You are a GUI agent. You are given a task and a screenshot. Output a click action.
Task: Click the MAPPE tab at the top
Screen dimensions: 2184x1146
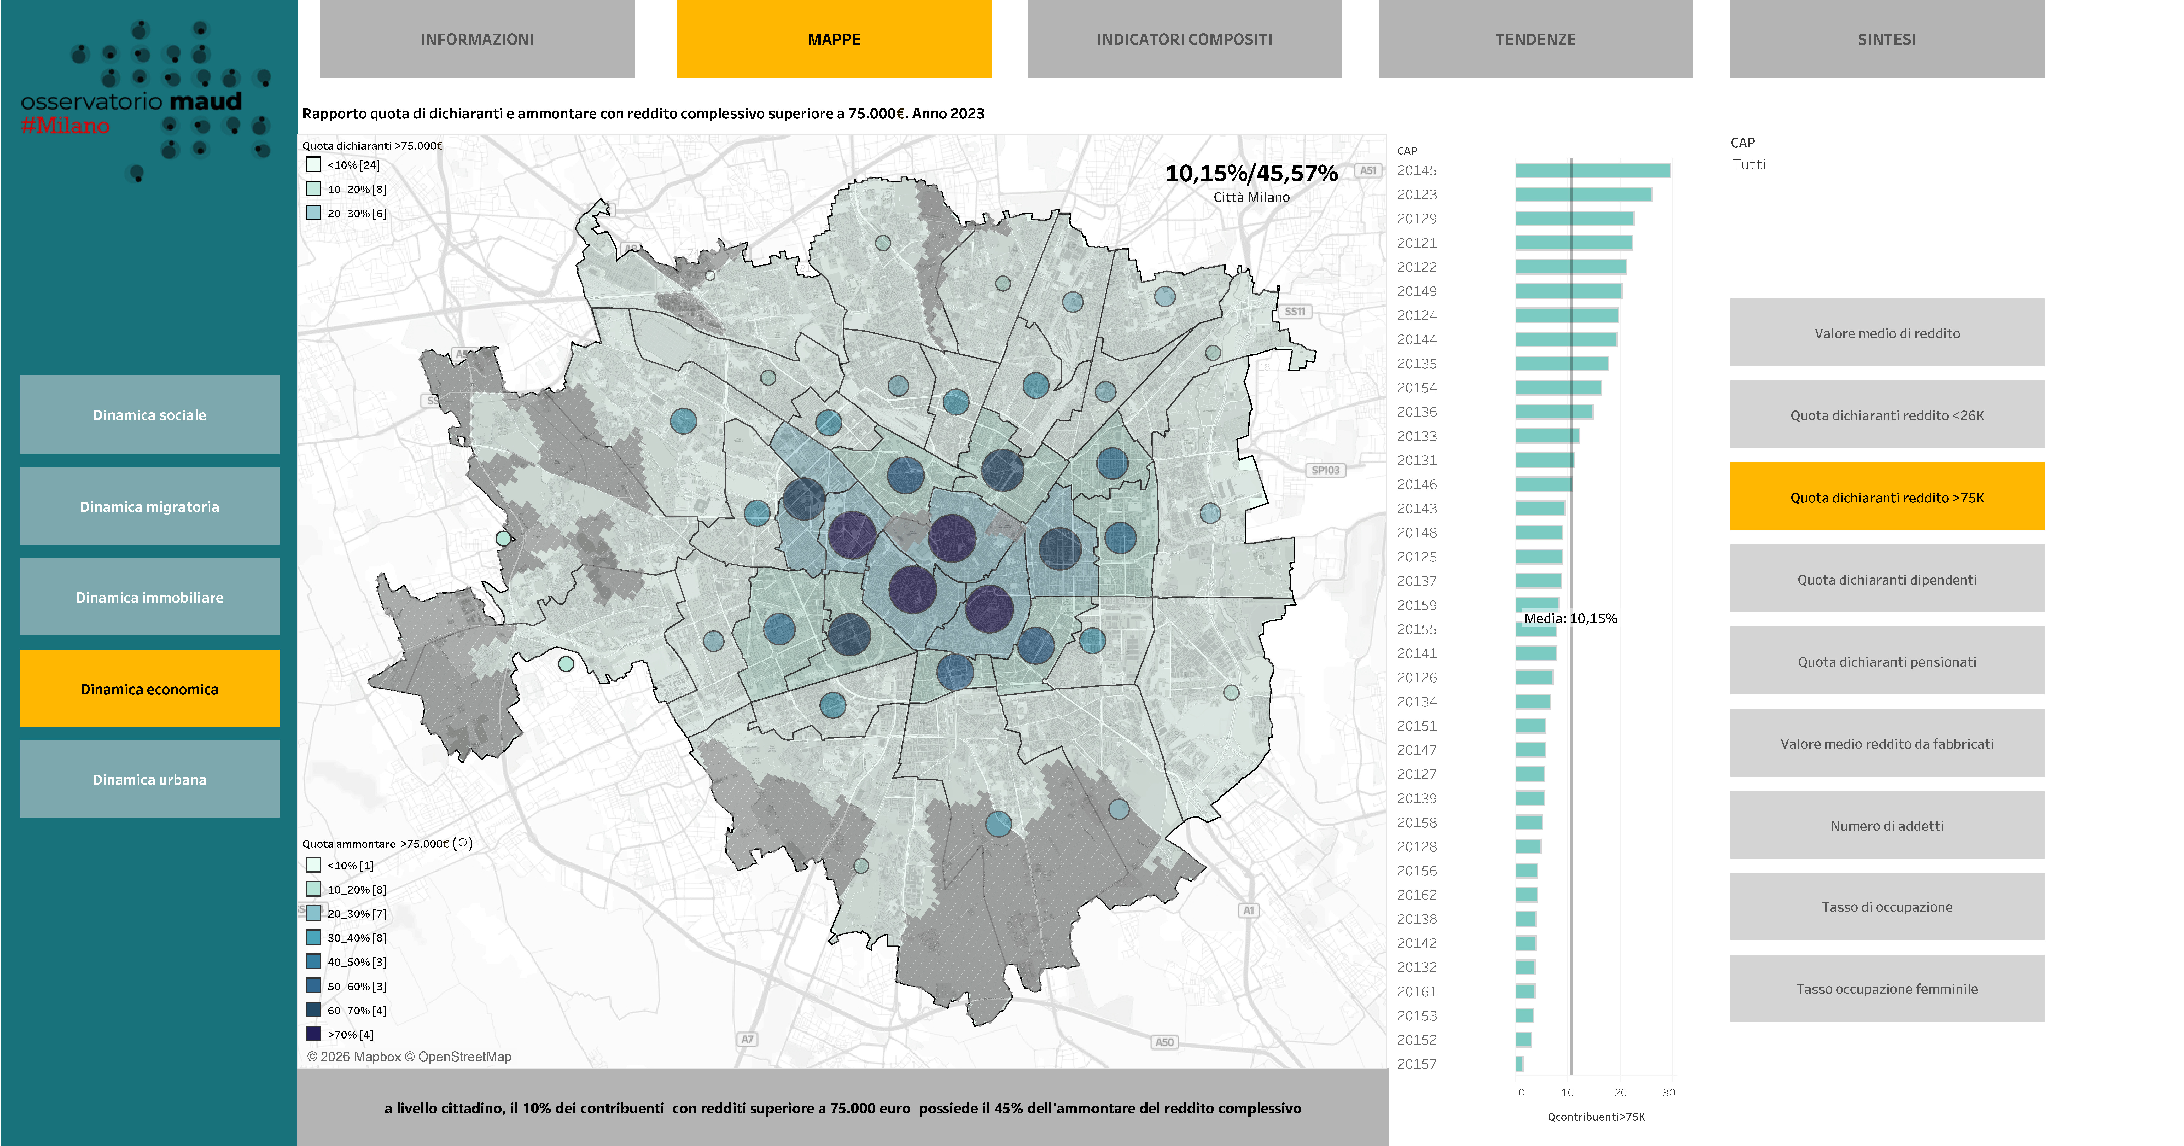coord(833,39)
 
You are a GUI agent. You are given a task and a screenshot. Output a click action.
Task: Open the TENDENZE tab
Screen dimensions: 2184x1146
coord(1535,39)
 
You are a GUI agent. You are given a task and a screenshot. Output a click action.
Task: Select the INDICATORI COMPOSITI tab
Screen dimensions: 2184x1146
coord(1185,39)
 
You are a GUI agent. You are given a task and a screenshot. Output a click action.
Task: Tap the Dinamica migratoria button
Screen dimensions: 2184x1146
coord(149,506)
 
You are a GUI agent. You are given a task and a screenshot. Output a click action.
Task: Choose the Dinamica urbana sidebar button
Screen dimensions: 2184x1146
coord(149,780)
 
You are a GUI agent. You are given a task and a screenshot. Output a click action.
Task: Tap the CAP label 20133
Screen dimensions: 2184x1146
coord(1417,436)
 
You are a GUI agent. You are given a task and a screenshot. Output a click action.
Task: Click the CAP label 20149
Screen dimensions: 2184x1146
coord(1417,291)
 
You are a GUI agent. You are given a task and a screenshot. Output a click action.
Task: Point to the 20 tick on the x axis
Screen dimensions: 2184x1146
coord(1620,1093)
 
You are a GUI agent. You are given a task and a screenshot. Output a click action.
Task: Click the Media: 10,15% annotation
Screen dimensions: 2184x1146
coord(1570,618)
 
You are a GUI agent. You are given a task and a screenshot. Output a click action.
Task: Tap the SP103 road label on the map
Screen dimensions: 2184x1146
coord(1325,470)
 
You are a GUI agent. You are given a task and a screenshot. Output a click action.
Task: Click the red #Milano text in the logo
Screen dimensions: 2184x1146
coord(65,126)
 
